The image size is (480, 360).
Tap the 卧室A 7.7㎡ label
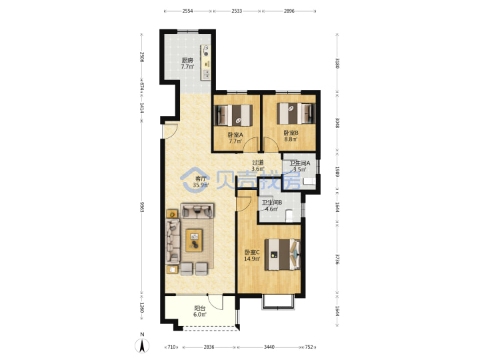click(x=235, y=138)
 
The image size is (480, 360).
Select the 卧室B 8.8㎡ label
click(x=291, y=136)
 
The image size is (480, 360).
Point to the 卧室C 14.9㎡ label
click(x=252, y=255)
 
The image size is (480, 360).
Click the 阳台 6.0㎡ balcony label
click(x=200, y=311)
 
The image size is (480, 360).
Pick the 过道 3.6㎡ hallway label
click(x=258, y=165)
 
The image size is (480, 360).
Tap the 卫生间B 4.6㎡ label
click(x=271, y=206)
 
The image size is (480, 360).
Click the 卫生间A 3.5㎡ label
click(x=300, y=167)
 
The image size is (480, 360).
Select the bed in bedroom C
click(x=283, y=255)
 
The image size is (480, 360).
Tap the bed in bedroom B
click(x=296, y=113)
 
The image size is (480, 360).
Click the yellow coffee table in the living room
click(x=194, y=240)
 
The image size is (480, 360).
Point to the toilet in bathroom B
click(x=289, y=215)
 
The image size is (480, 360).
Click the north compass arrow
click(x=142, y=346)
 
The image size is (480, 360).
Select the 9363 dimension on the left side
click(x=142, y=207)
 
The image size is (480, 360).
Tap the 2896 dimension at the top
click(x=289, y=11)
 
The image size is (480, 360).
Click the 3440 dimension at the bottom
click(x=269, y=347)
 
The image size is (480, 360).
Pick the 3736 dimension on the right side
click(x=337, y=259)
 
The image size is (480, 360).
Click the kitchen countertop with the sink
click(x=206, y=63)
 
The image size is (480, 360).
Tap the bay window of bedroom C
click(x=278, y=302)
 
